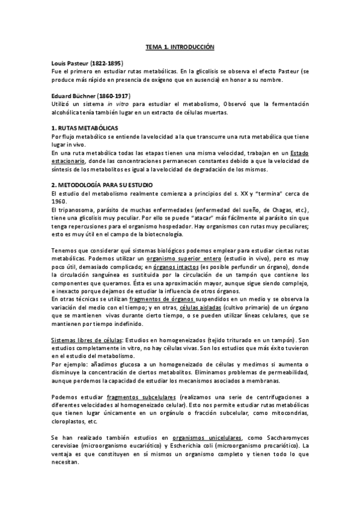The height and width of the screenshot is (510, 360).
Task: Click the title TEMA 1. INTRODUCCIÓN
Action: point(180,46)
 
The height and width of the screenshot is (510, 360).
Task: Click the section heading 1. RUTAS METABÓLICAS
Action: point(85,129)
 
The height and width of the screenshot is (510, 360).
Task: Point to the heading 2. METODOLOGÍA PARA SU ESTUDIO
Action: point(102,184)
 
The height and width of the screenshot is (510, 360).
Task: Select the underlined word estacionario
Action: point(68,161)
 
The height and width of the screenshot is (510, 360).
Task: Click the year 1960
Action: point(59,201)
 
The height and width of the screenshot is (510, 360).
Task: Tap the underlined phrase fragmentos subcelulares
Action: point(141,398)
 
